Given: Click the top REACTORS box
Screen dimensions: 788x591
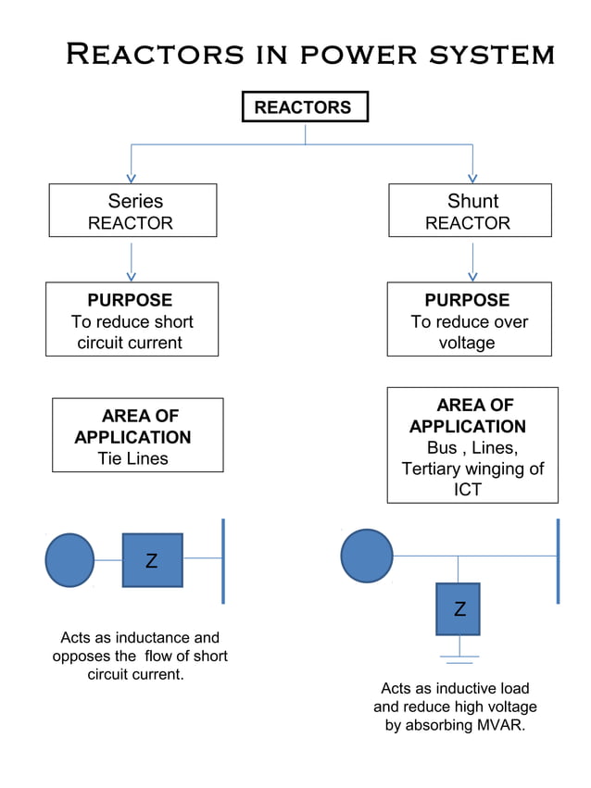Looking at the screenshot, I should tap(304, 107).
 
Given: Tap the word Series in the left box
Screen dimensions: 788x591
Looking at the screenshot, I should tap(135, 201).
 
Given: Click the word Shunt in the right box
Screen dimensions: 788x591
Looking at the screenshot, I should tap(472, 201).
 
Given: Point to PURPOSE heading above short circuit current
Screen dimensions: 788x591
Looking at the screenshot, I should tap(130, 300).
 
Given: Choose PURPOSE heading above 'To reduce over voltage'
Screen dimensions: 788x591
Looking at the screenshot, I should tap(467, 300).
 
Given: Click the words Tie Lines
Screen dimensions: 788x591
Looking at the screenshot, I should tap(133, 458).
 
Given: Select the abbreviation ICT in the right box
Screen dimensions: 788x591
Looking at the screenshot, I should tap(468, 490).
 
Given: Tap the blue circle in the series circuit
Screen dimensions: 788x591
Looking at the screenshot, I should tap(69, 560).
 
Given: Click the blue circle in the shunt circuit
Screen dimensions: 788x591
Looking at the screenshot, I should tap(367, 556).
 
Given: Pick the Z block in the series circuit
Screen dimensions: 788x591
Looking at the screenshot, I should tap(152, 560).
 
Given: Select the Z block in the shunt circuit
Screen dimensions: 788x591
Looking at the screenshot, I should tap(458, 608).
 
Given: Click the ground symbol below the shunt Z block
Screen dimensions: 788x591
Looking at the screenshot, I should tap(458, 658).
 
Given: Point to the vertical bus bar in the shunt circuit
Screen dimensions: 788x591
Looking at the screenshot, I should tap(558, 560).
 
